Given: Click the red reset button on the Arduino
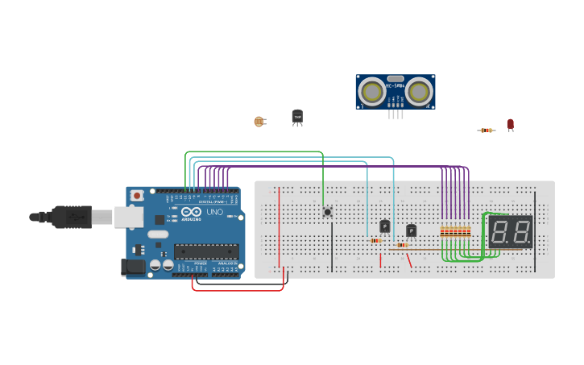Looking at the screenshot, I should pyautogui.click(x=138, y=195).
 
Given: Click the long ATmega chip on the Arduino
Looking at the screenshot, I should pyautogui.click(x=206, y=251).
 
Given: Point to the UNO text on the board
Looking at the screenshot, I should pyautogui.click(x=215, y=212).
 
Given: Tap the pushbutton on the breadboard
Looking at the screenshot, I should pyautogui.click(x=327, y=212).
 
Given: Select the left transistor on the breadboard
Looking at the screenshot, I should pyautogui.click(x=385, y=226).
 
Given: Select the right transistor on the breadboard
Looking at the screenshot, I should pyautogui.click(x=412, y=230).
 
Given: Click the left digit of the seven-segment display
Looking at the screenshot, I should pyautogui.click(x=500, y=232).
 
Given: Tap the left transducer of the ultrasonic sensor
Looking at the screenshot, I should pyautogui.click(x=372, y=92).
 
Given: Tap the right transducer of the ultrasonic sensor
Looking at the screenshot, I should pyautogui.click(x=419, y=92).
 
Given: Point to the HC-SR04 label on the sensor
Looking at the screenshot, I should pyautogui.click(x=396, y=85).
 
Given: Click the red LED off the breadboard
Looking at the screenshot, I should pyautogui.click(x=510, y=124).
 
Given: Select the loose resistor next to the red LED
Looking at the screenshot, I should pyautogui.click(x=486, y=130).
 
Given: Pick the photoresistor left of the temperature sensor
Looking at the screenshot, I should pyautogui.click(x=259, y=122).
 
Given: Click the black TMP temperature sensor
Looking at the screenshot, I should pyautogui.click(x=297, y=118).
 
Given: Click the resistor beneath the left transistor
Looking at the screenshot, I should pyautogui.click(x=375, y=240).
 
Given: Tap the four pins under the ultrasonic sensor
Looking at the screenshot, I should pyautogui.click(x=396, y=114).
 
